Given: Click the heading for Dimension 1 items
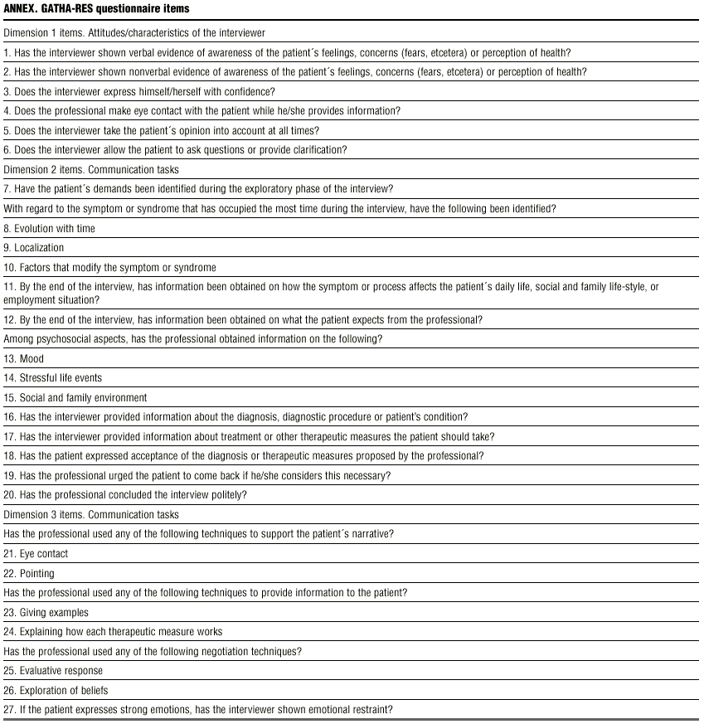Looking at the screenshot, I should [x=134, y=33].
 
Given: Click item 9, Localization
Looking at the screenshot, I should [x=34, y=248].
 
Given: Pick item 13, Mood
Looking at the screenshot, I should [x=24, y=359].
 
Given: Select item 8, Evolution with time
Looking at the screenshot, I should [x=50, y=229].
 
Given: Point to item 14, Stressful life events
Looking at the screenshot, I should [x=53, y=378].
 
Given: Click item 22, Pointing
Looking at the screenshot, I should [x=29, y=573].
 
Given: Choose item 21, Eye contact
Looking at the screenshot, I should [x=36, y=554].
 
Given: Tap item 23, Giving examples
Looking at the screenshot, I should [x=46, y=613].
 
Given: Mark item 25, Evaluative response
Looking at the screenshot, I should [x=54, y=671].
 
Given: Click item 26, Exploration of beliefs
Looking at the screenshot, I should [x=56, y=691].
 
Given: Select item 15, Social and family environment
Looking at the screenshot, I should [x=75, y=398].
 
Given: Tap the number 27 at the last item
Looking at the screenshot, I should [x=9, y=710].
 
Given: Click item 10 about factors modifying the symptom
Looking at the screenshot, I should [x=110, y=268].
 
